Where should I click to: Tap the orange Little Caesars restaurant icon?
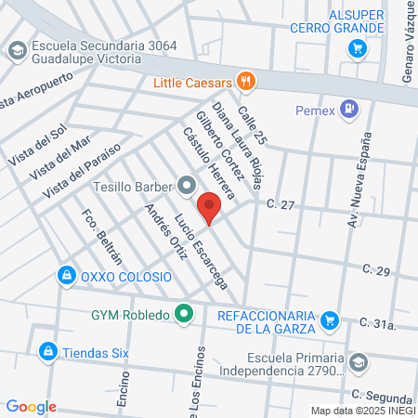tap(246, 82)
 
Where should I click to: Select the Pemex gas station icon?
tap(349, 109)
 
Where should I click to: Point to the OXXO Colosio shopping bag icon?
tap(67, 276)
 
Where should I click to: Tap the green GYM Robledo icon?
tap(184, 314)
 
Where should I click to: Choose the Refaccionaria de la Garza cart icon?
tap(329, 321)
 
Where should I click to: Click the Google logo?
tap(31, 406)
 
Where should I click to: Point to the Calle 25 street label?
tap(252, 125)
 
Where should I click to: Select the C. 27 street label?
tap(280, 203)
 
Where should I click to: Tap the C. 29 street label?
tap(377, 270)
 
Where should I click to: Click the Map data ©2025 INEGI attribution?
tap(362, 410)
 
